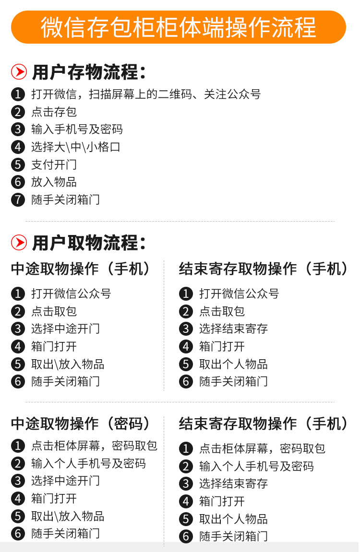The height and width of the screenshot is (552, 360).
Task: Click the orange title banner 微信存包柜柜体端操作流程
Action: pos(179,27)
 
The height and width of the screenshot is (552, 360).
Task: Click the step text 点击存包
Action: pos(54,112)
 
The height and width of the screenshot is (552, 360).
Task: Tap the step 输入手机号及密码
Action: pos(77,129)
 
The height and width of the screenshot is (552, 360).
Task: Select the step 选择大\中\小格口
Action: pos(76,147)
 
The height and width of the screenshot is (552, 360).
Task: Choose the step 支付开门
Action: pos(54,164)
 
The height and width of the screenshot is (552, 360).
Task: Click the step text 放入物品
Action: pos(54,182)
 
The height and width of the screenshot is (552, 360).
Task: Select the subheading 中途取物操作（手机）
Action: pos(81,269)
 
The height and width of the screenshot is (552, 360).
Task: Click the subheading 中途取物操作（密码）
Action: pos(81,424)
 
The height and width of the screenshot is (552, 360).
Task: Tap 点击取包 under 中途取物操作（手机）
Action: pos(54,311)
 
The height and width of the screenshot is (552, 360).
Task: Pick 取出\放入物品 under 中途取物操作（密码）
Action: pos(68,516)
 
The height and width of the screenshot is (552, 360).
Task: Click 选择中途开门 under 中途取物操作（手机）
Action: pos(65,329)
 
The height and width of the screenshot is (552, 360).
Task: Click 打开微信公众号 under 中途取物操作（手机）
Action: pos(71,294)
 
